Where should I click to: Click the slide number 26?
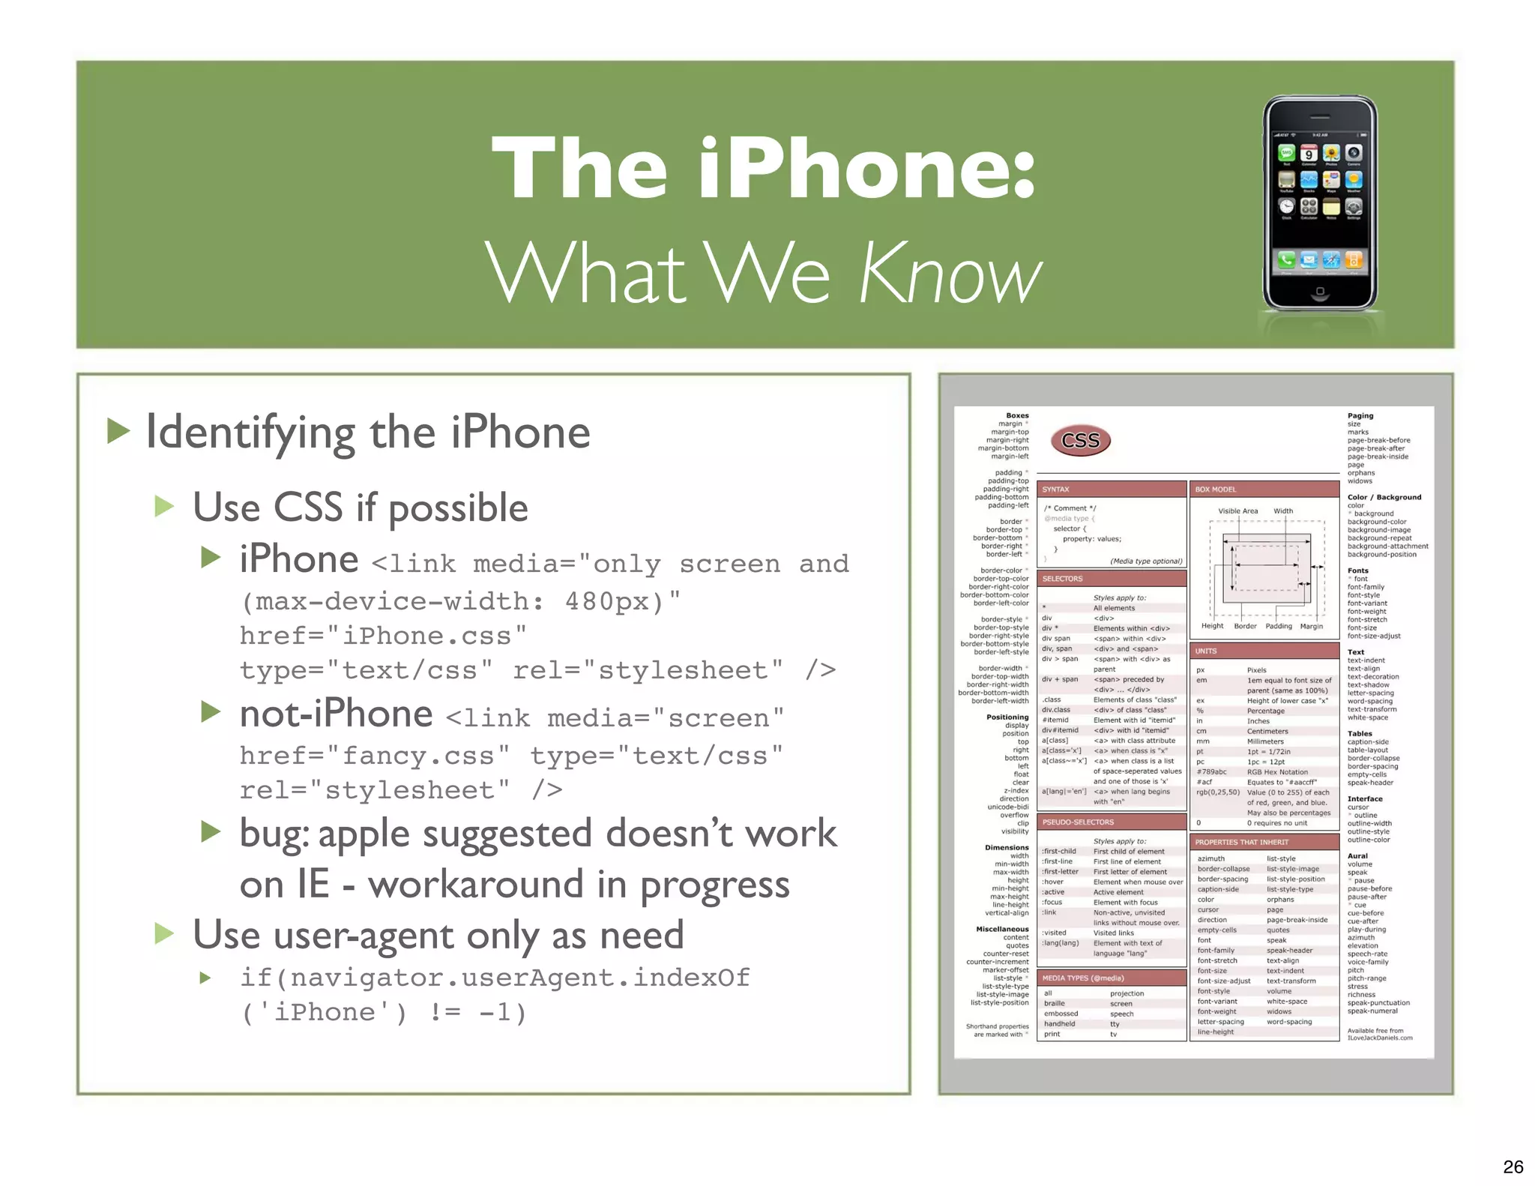point(1513,1167)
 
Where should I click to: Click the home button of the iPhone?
point(1320,291)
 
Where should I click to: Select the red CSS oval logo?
point(1080,441)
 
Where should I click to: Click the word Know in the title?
point(950,273)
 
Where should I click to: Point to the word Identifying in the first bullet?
point(250,433)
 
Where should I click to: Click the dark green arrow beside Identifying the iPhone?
point(118,431)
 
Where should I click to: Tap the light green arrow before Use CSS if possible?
point(164,507)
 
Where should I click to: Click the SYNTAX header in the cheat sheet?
point(1056,490)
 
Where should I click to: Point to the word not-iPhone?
point(336,714)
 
